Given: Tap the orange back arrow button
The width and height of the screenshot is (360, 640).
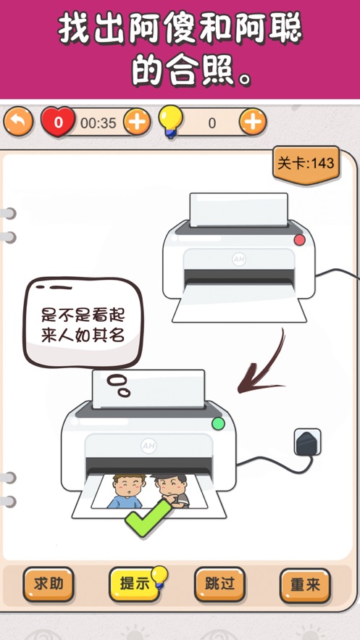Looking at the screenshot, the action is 18,122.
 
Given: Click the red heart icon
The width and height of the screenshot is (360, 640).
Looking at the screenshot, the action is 58,122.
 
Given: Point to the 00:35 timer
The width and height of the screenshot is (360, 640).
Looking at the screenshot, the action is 99,123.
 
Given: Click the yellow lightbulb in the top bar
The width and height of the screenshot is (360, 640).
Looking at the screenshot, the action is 170,121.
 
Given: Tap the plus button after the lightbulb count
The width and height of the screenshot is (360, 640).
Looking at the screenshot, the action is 253,122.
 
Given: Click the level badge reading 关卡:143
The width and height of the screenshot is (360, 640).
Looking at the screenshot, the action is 306,164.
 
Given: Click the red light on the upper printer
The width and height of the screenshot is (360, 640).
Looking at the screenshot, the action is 300,240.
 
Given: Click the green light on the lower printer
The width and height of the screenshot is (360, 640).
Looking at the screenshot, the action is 219,424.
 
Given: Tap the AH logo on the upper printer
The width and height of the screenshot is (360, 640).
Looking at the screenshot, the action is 239,259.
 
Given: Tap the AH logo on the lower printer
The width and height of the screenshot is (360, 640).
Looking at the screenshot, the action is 148,446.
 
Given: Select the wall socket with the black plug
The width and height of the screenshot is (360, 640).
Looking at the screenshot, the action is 307,442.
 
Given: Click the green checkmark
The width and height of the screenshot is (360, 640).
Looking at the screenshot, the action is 148,518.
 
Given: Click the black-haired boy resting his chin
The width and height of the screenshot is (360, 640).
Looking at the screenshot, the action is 172,491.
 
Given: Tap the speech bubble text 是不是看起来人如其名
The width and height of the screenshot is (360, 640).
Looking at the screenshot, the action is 83,325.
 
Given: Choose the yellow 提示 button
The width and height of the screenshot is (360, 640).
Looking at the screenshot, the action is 134,583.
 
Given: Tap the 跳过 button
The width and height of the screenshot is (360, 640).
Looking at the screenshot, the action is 219,584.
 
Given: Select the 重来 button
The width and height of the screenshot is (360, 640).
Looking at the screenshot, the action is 305,585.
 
